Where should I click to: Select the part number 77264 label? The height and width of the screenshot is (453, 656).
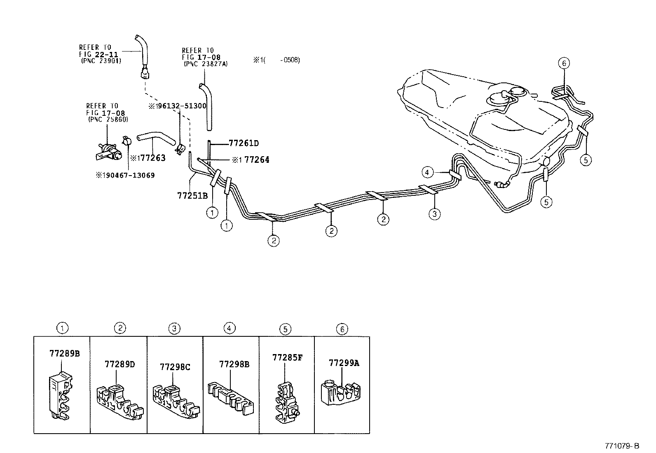click(257, 160)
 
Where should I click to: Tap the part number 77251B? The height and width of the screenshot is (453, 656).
click(192, 195)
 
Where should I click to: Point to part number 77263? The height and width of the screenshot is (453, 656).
click(152, 158)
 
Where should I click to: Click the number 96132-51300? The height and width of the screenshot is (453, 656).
click(180, 106)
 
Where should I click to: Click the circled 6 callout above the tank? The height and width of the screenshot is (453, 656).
click(565, 63)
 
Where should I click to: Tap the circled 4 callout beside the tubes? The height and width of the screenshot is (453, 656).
click(428, 172)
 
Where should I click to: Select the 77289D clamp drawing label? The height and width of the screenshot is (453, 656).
click(120, 364)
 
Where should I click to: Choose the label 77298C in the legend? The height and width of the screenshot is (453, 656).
click(175, 366)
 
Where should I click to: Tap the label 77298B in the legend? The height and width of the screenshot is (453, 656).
click(234, 364)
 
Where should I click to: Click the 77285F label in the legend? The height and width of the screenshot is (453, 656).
click(287, 357)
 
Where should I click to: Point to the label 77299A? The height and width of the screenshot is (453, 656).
click(344, 363)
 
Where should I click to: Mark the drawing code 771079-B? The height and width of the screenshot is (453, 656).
click(622, 446)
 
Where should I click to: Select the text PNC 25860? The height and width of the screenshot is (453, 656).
click(108, 120)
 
